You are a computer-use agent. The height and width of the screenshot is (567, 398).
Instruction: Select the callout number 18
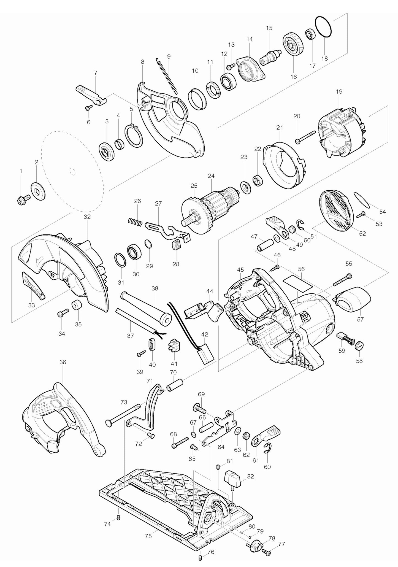point(325,58)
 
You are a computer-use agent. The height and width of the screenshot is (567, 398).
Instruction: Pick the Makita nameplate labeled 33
point(33,285)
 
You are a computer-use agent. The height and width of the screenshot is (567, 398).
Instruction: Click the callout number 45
point(240,269)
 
